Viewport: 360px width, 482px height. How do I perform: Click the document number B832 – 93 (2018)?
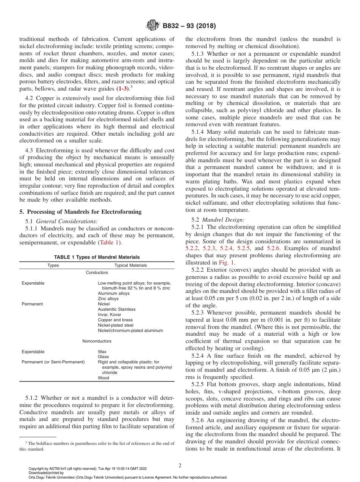pos(189,26)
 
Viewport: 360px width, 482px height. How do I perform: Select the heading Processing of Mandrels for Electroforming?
pos(80,212)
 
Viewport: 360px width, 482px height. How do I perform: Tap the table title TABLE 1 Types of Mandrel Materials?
pos(97,257)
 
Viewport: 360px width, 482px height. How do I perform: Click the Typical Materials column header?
pos(130,265)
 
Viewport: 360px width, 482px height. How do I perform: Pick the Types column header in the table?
pos(53,265)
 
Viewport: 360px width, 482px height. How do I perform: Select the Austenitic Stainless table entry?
pos(116,309)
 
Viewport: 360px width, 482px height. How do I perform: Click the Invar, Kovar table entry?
pos(110,315)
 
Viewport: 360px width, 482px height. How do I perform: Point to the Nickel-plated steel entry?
pos(116,325)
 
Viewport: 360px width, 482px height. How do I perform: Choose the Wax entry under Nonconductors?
pos(102,352)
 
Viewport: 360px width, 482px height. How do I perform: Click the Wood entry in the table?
pos(103,378)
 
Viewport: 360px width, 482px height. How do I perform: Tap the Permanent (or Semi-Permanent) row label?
pos(53,362)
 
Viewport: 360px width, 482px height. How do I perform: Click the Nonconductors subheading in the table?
pos(97,341)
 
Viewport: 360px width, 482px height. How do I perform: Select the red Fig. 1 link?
pos(227,262)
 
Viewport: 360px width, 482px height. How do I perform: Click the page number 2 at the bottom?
pos(180,466)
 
